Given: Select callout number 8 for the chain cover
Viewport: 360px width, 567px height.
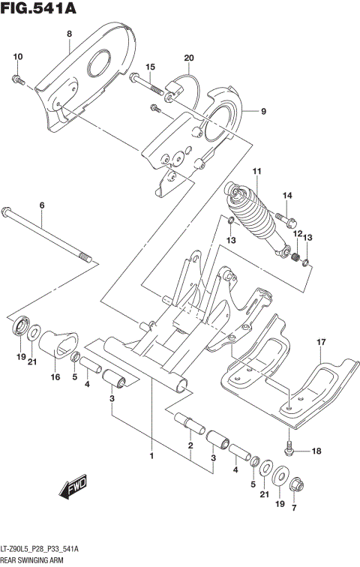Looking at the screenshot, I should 69,34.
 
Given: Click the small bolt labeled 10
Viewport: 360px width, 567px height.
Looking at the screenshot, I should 19,78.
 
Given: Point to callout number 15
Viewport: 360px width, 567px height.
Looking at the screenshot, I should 150,67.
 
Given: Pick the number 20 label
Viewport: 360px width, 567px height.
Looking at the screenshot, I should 189,58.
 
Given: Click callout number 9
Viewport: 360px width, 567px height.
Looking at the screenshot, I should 263,112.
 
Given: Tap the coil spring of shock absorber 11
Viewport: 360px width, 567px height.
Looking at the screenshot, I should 255,218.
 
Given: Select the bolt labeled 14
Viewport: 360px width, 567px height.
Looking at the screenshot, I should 289,221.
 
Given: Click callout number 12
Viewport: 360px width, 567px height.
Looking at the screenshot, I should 297,235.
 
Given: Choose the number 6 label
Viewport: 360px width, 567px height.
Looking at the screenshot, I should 42,205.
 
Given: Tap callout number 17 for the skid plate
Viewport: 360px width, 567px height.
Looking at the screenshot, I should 321,343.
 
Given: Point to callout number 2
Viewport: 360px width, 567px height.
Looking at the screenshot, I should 190,445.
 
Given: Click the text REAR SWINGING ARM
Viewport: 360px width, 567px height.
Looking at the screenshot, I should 32,559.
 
